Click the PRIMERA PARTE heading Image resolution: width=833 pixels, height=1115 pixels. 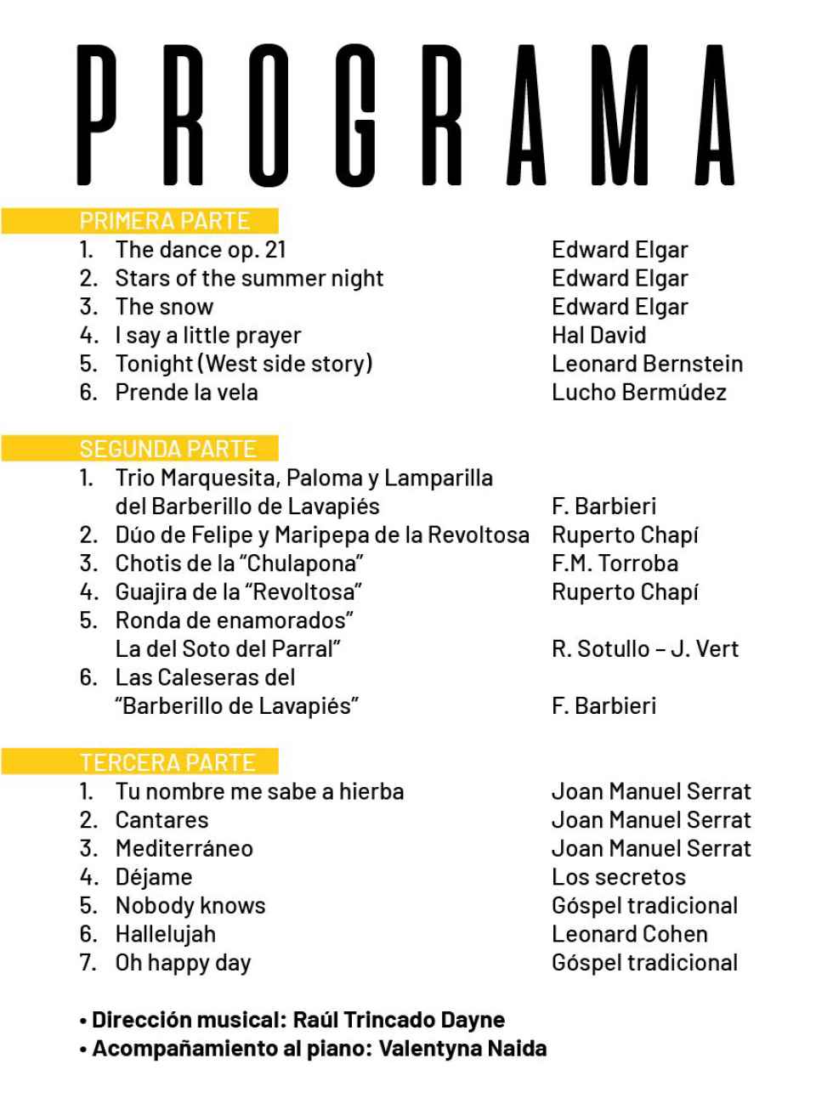[164, 221]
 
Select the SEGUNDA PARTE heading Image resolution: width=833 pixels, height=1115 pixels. [167, 449]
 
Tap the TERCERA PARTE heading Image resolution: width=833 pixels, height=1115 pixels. [167, 762]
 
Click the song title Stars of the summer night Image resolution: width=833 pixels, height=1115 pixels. [249, 278]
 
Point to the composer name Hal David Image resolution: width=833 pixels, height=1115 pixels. [598, 335]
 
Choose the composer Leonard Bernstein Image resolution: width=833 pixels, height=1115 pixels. [647, 364]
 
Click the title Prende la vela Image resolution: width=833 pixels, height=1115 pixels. [186, 393]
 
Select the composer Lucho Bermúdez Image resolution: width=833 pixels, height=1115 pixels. [639, 393]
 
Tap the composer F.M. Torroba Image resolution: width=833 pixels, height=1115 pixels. [615, 563]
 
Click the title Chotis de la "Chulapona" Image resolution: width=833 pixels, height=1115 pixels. [240, 563]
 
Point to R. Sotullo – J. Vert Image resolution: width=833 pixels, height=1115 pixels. [645, 649]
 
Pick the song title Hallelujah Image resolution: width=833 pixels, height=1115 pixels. [165, 934]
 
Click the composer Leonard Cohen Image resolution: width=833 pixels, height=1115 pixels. [629, 934]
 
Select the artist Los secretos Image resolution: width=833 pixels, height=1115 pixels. [618, 877]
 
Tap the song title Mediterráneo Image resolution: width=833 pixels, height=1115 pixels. [184, 848]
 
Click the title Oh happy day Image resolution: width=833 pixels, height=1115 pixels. [183, 963]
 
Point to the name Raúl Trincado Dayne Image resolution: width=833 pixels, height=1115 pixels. [399, 1020]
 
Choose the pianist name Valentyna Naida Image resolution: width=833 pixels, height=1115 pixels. [462, 1049]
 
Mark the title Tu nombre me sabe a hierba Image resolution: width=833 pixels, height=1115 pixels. [259, 791]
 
